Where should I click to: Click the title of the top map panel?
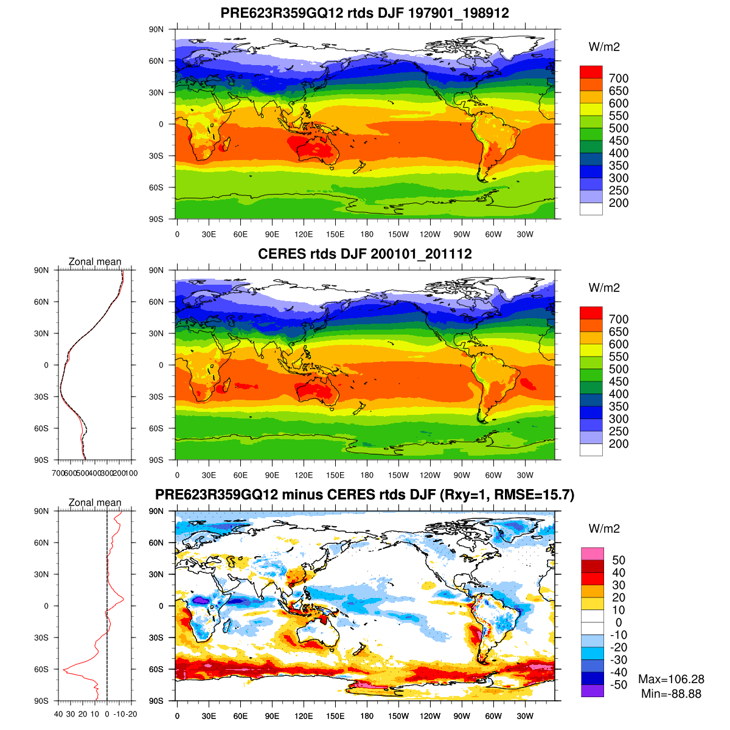(364, 13)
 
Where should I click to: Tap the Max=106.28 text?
(671, 679)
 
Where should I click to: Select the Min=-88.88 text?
(671, 693)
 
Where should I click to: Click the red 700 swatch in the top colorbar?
(591, 72)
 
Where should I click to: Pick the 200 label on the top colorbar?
(619, 203)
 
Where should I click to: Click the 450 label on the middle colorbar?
(619, 381)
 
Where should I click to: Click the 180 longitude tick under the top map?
(367, 234)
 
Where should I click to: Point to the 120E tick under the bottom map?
(304, 716)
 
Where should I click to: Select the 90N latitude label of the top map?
(156, 29)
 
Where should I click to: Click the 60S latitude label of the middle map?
(156, 428)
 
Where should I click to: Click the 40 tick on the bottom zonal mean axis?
(58, 714)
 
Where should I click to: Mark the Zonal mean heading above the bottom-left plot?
(95, 502)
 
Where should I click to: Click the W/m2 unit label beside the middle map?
(604, 288)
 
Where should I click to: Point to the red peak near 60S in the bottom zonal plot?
(64, 669)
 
